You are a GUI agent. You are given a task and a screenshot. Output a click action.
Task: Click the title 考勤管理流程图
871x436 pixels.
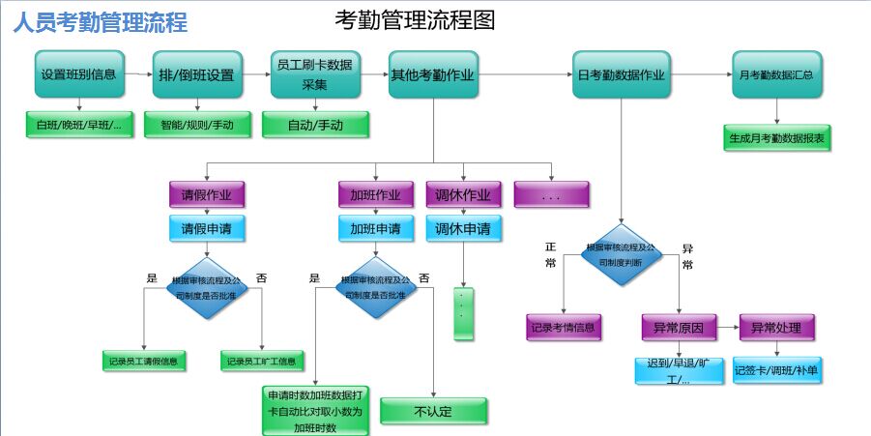[x=415, y=19]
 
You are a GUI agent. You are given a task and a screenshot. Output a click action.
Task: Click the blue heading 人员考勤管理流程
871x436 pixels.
[x=101, y=22]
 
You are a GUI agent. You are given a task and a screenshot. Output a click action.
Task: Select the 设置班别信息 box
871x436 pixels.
[x=79, y=74]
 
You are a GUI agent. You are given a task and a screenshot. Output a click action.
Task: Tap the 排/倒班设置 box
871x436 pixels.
[x=196, y=74]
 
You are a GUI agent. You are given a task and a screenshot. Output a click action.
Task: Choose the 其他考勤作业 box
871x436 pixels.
[x=433, y=74]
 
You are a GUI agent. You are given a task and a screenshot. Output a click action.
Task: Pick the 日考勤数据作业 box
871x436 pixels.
[x=621, y=74]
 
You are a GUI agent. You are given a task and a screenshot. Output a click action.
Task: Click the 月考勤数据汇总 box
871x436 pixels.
[x=776, y=74]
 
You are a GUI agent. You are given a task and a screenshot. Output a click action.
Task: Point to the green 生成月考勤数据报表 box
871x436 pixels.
[x=776, y=138]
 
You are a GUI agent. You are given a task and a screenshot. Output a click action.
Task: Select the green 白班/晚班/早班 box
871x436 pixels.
[x=79, y=125]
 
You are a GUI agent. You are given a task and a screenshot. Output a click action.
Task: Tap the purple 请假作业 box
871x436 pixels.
[x=207, y=194]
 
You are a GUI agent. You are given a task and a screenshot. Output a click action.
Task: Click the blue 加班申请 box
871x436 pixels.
[x=376, y=229]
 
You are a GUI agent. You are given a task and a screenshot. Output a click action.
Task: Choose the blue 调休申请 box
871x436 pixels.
[x=463, y=229]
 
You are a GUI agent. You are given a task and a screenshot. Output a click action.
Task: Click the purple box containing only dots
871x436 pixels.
[x=551, y=195]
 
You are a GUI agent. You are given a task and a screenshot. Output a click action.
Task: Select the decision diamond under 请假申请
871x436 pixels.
[x=207, y=287]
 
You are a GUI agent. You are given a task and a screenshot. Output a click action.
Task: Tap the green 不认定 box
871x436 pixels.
[x=432, y=411]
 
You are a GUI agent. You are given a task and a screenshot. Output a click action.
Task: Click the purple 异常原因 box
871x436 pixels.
[x=679, y=328]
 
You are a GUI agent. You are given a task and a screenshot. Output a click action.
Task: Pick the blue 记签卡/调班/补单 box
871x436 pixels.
[x=776, y=369]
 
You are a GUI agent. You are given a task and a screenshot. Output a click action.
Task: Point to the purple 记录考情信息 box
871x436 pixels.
[x=564, y=328]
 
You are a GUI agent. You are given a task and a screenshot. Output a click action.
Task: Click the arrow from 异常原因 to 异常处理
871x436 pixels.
[x=728, y=328]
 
